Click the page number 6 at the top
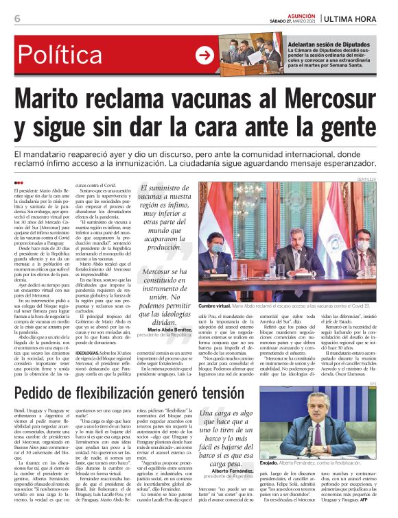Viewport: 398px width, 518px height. point(16,18)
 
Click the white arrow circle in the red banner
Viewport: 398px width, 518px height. point(205,54)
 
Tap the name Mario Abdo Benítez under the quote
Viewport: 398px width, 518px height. point(167,330)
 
